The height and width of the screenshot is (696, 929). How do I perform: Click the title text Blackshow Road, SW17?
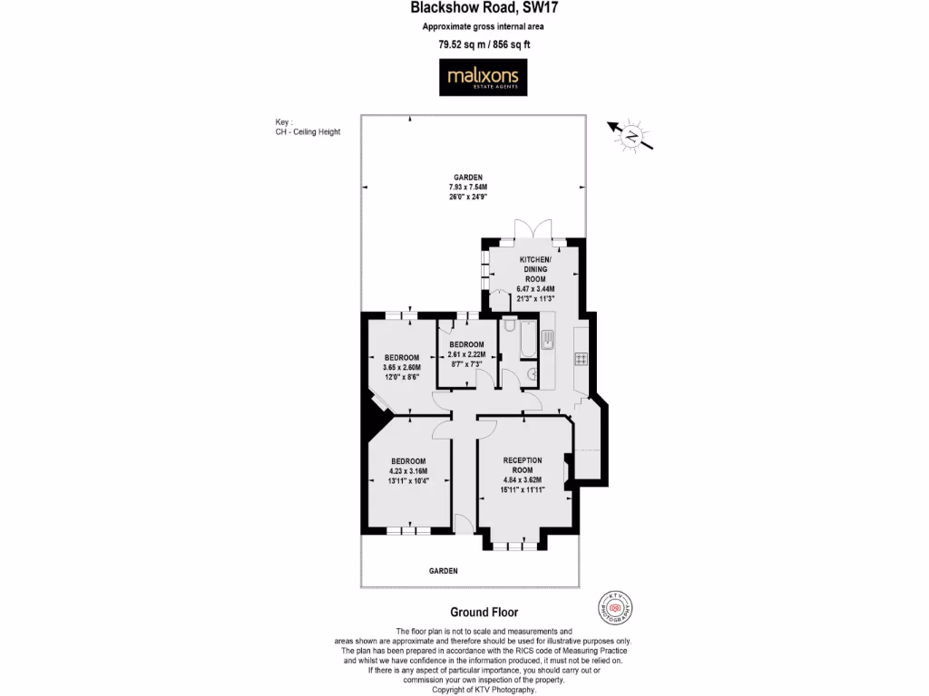466,9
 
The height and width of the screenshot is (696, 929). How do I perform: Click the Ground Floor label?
484,613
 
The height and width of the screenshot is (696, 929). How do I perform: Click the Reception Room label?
522,464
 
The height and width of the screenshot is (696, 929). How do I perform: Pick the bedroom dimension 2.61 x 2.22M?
468,354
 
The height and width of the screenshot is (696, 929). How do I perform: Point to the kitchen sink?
548,340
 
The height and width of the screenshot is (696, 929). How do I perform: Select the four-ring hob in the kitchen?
581,359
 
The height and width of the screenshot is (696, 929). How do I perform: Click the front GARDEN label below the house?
444,571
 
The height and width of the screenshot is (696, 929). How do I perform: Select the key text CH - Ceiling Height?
308,132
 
